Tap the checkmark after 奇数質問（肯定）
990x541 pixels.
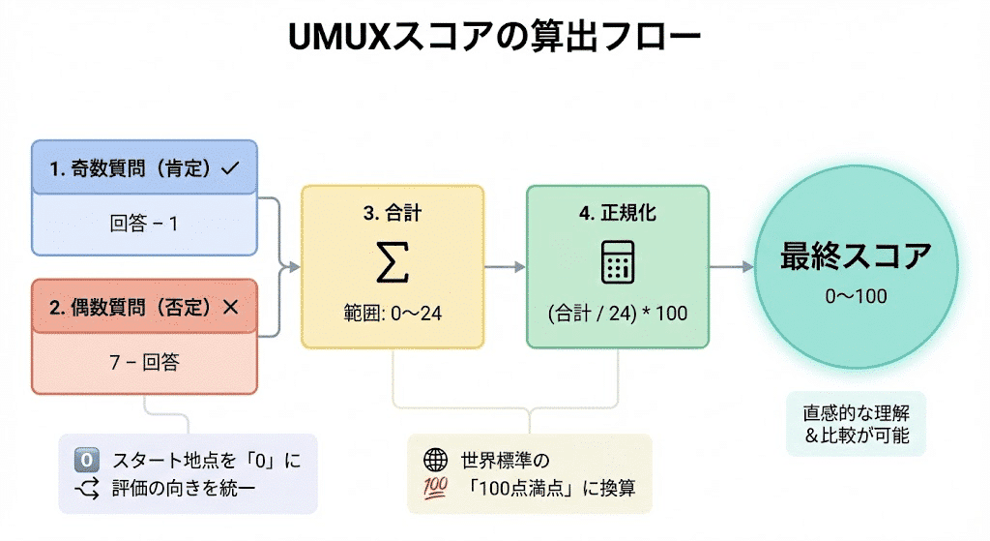[229, 167]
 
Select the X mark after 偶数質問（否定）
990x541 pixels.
[229, 308]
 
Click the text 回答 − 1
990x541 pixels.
[144, 224]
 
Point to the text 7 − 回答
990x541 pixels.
[144, 363]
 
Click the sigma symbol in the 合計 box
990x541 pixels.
[392, 262]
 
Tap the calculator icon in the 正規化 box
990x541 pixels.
[617, 262]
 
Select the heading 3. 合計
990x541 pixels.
[392, 211]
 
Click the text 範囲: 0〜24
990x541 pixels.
[392, 313]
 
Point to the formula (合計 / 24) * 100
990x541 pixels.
[617, 313]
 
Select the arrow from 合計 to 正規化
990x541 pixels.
[504, 266]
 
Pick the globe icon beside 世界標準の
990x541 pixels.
[436, 460]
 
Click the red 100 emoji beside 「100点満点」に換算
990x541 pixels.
[436, 488]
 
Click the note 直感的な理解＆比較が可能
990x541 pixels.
[856, 423]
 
